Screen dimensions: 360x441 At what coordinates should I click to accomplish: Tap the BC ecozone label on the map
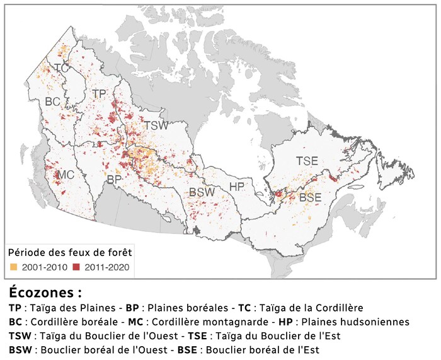[53, 101]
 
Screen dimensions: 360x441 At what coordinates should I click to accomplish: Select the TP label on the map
[99, 93]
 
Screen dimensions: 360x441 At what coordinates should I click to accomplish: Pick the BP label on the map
[114, 180]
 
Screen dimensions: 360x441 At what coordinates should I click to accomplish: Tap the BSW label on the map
[202, 192]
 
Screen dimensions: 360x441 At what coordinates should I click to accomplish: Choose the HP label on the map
[237, 187]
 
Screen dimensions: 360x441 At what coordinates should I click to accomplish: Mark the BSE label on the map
[311, 197]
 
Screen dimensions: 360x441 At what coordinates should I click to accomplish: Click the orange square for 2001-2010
[13, 267]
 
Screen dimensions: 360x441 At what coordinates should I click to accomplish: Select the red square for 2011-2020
[77, 267]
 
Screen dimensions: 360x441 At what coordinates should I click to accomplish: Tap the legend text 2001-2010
[43, 267]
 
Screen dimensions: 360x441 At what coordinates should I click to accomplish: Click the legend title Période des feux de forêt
[69, 252]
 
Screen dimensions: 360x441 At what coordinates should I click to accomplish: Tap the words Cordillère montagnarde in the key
[205, 322]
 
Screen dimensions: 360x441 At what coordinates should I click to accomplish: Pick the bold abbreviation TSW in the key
[20, 336]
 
